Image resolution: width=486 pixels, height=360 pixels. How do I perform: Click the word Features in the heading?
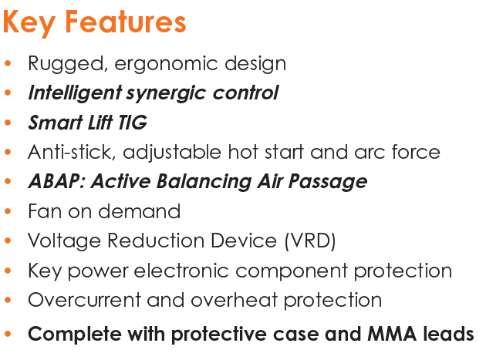point(126,22)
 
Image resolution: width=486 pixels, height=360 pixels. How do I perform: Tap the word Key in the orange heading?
point(29,24)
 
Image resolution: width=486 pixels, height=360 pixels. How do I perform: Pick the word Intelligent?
point(75,93)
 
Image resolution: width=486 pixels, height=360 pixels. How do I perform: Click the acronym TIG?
point(133,122)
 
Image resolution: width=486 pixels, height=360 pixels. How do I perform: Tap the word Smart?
point(56,122)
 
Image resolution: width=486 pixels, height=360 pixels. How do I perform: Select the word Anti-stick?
point(72,152)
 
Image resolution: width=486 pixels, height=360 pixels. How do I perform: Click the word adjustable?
point(172,153)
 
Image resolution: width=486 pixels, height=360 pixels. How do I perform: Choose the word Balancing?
point(204,182)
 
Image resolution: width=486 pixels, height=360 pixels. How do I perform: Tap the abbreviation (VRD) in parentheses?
point(310,241)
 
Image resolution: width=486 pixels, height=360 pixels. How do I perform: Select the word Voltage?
point(64,241)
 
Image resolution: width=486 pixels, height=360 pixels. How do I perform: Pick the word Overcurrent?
point(84,300)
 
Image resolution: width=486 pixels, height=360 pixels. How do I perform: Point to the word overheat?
point(234,300)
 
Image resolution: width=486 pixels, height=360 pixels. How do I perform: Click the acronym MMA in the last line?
point(392,335)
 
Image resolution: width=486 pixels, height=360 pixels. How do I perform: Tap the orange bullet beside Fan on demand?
point(8,211)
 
